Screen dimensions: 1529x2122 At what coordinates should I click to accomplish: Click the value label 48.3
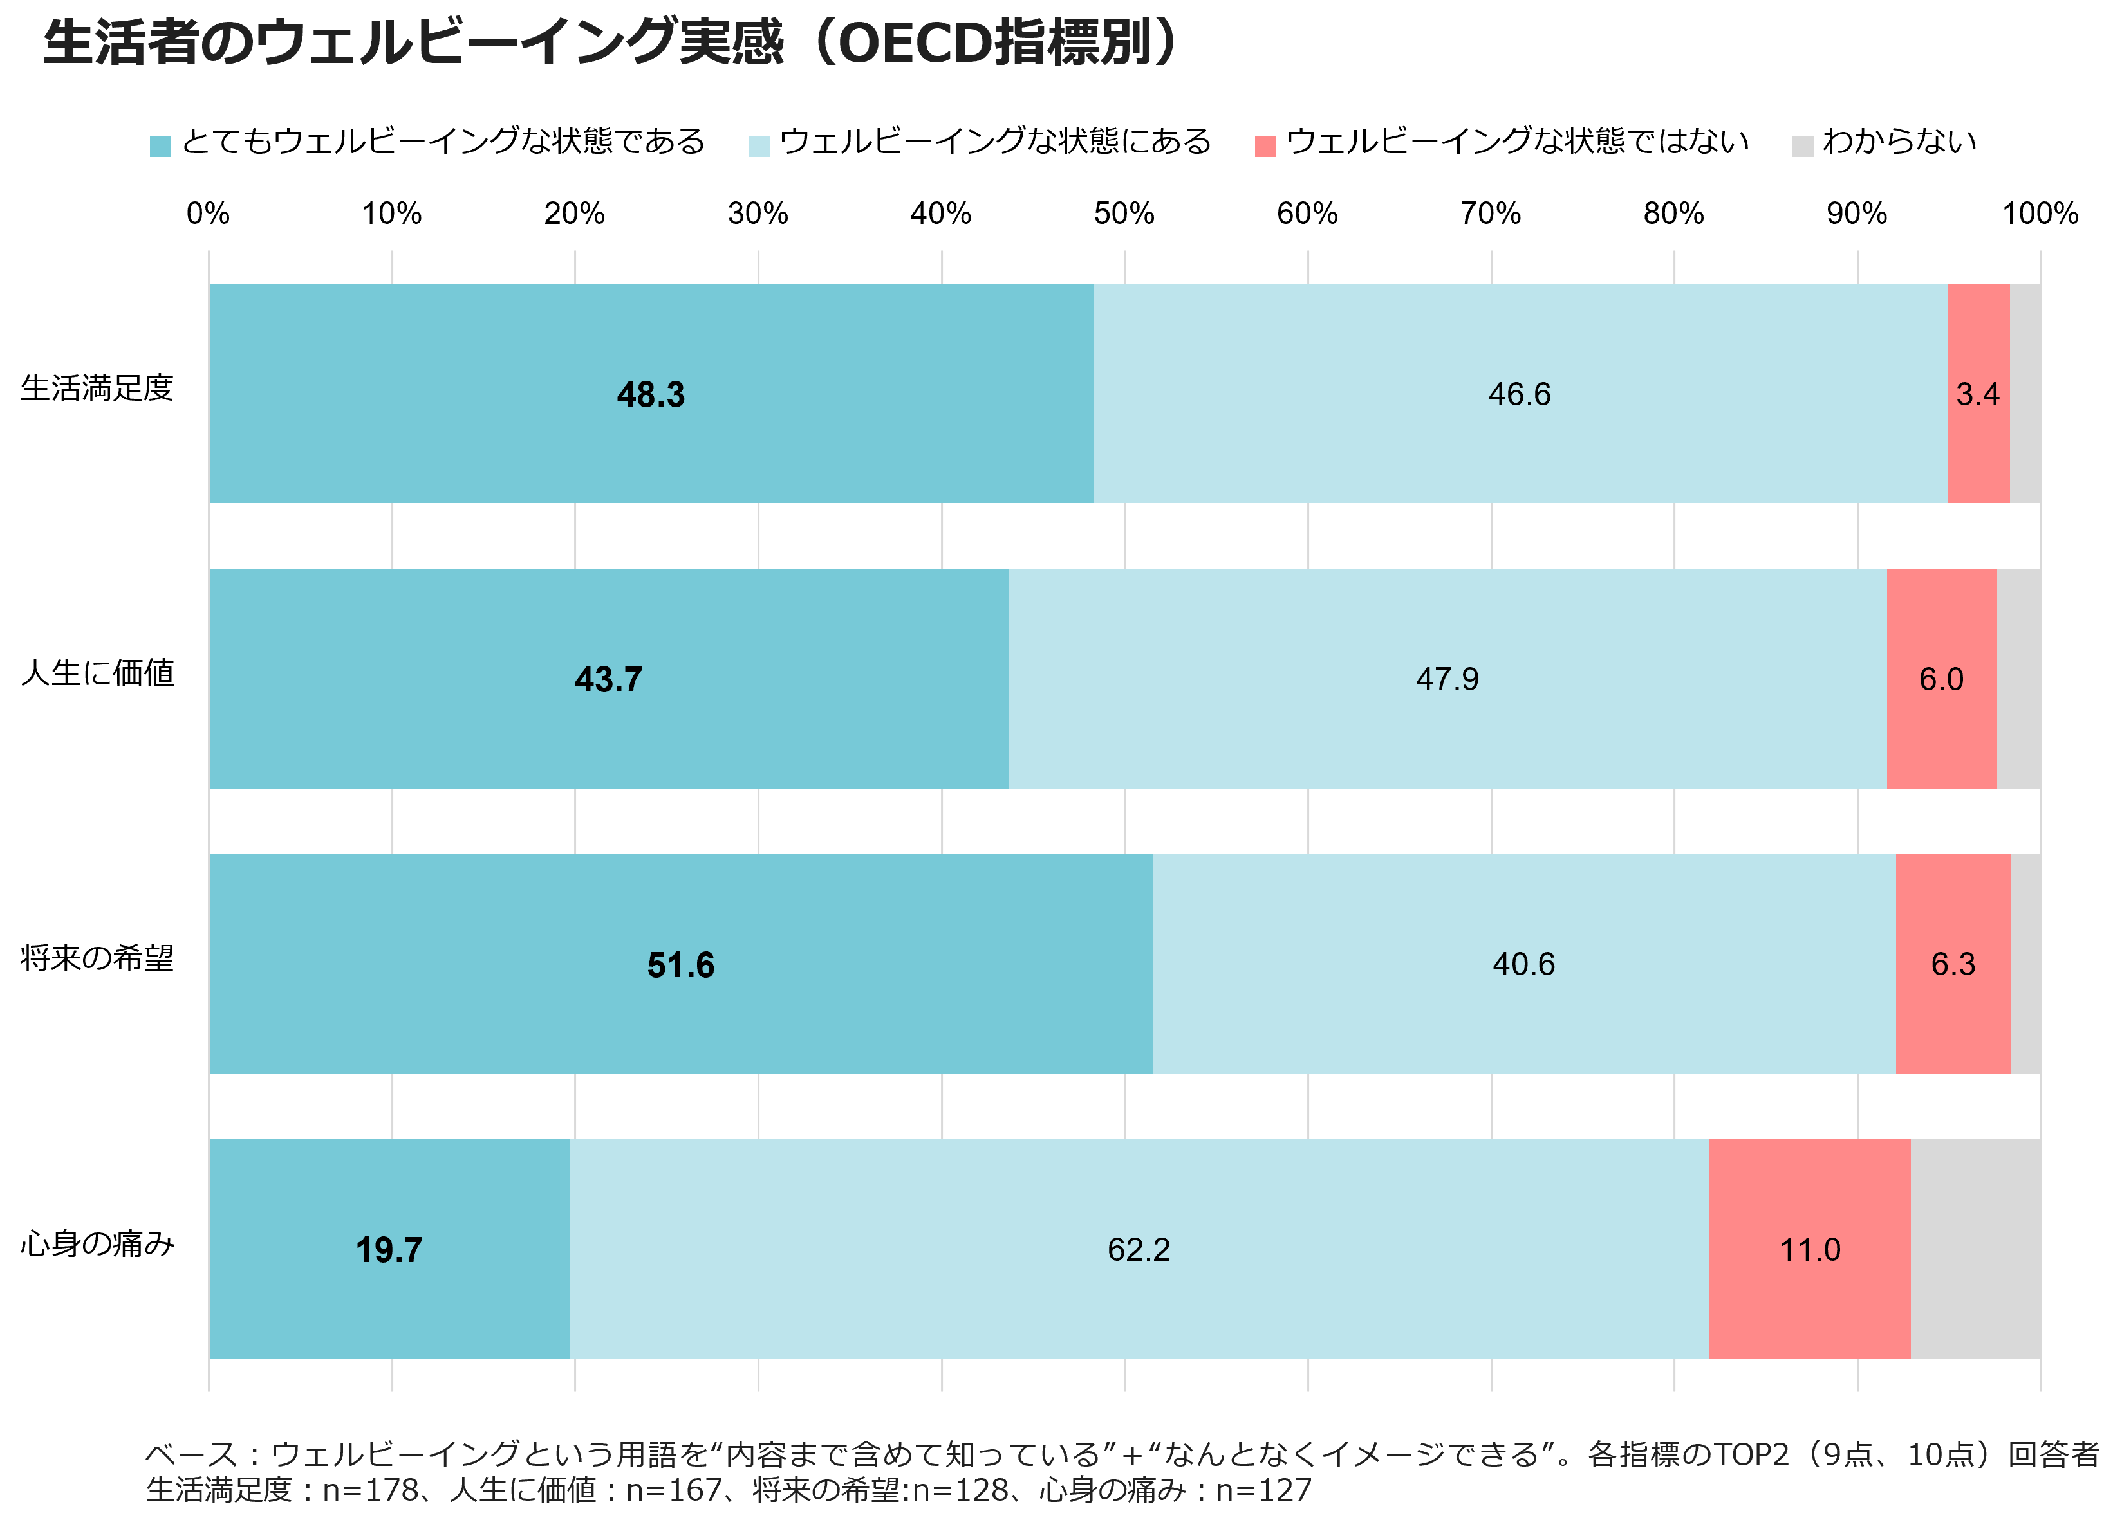(650, 395)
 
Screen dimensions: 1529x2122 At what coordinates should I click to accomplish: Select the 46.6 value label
(1520, 395)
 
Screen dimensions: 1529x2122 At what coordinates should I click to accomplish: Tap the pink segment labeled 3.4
(1978, 395)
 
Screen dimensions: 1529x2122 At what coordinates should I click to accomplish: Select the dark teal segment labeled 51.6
(680, 965)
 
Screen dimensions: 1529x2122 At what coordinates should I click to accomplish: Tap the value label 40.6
(1523, 964)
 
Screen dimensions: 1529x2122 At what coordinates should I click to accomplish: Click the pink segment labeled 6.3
(1953, 964)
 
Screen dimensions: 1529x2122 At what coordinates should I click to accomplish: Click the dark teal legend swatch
(160, 147)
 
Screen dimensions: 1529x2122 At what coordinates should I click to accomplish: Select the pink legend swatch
(1265, 147)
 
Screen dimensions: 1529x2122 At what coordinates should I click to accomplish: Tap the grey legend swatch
(1803, 147)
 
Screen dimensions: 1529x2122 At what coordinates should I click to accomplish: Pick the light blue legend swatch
(759, 147)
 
